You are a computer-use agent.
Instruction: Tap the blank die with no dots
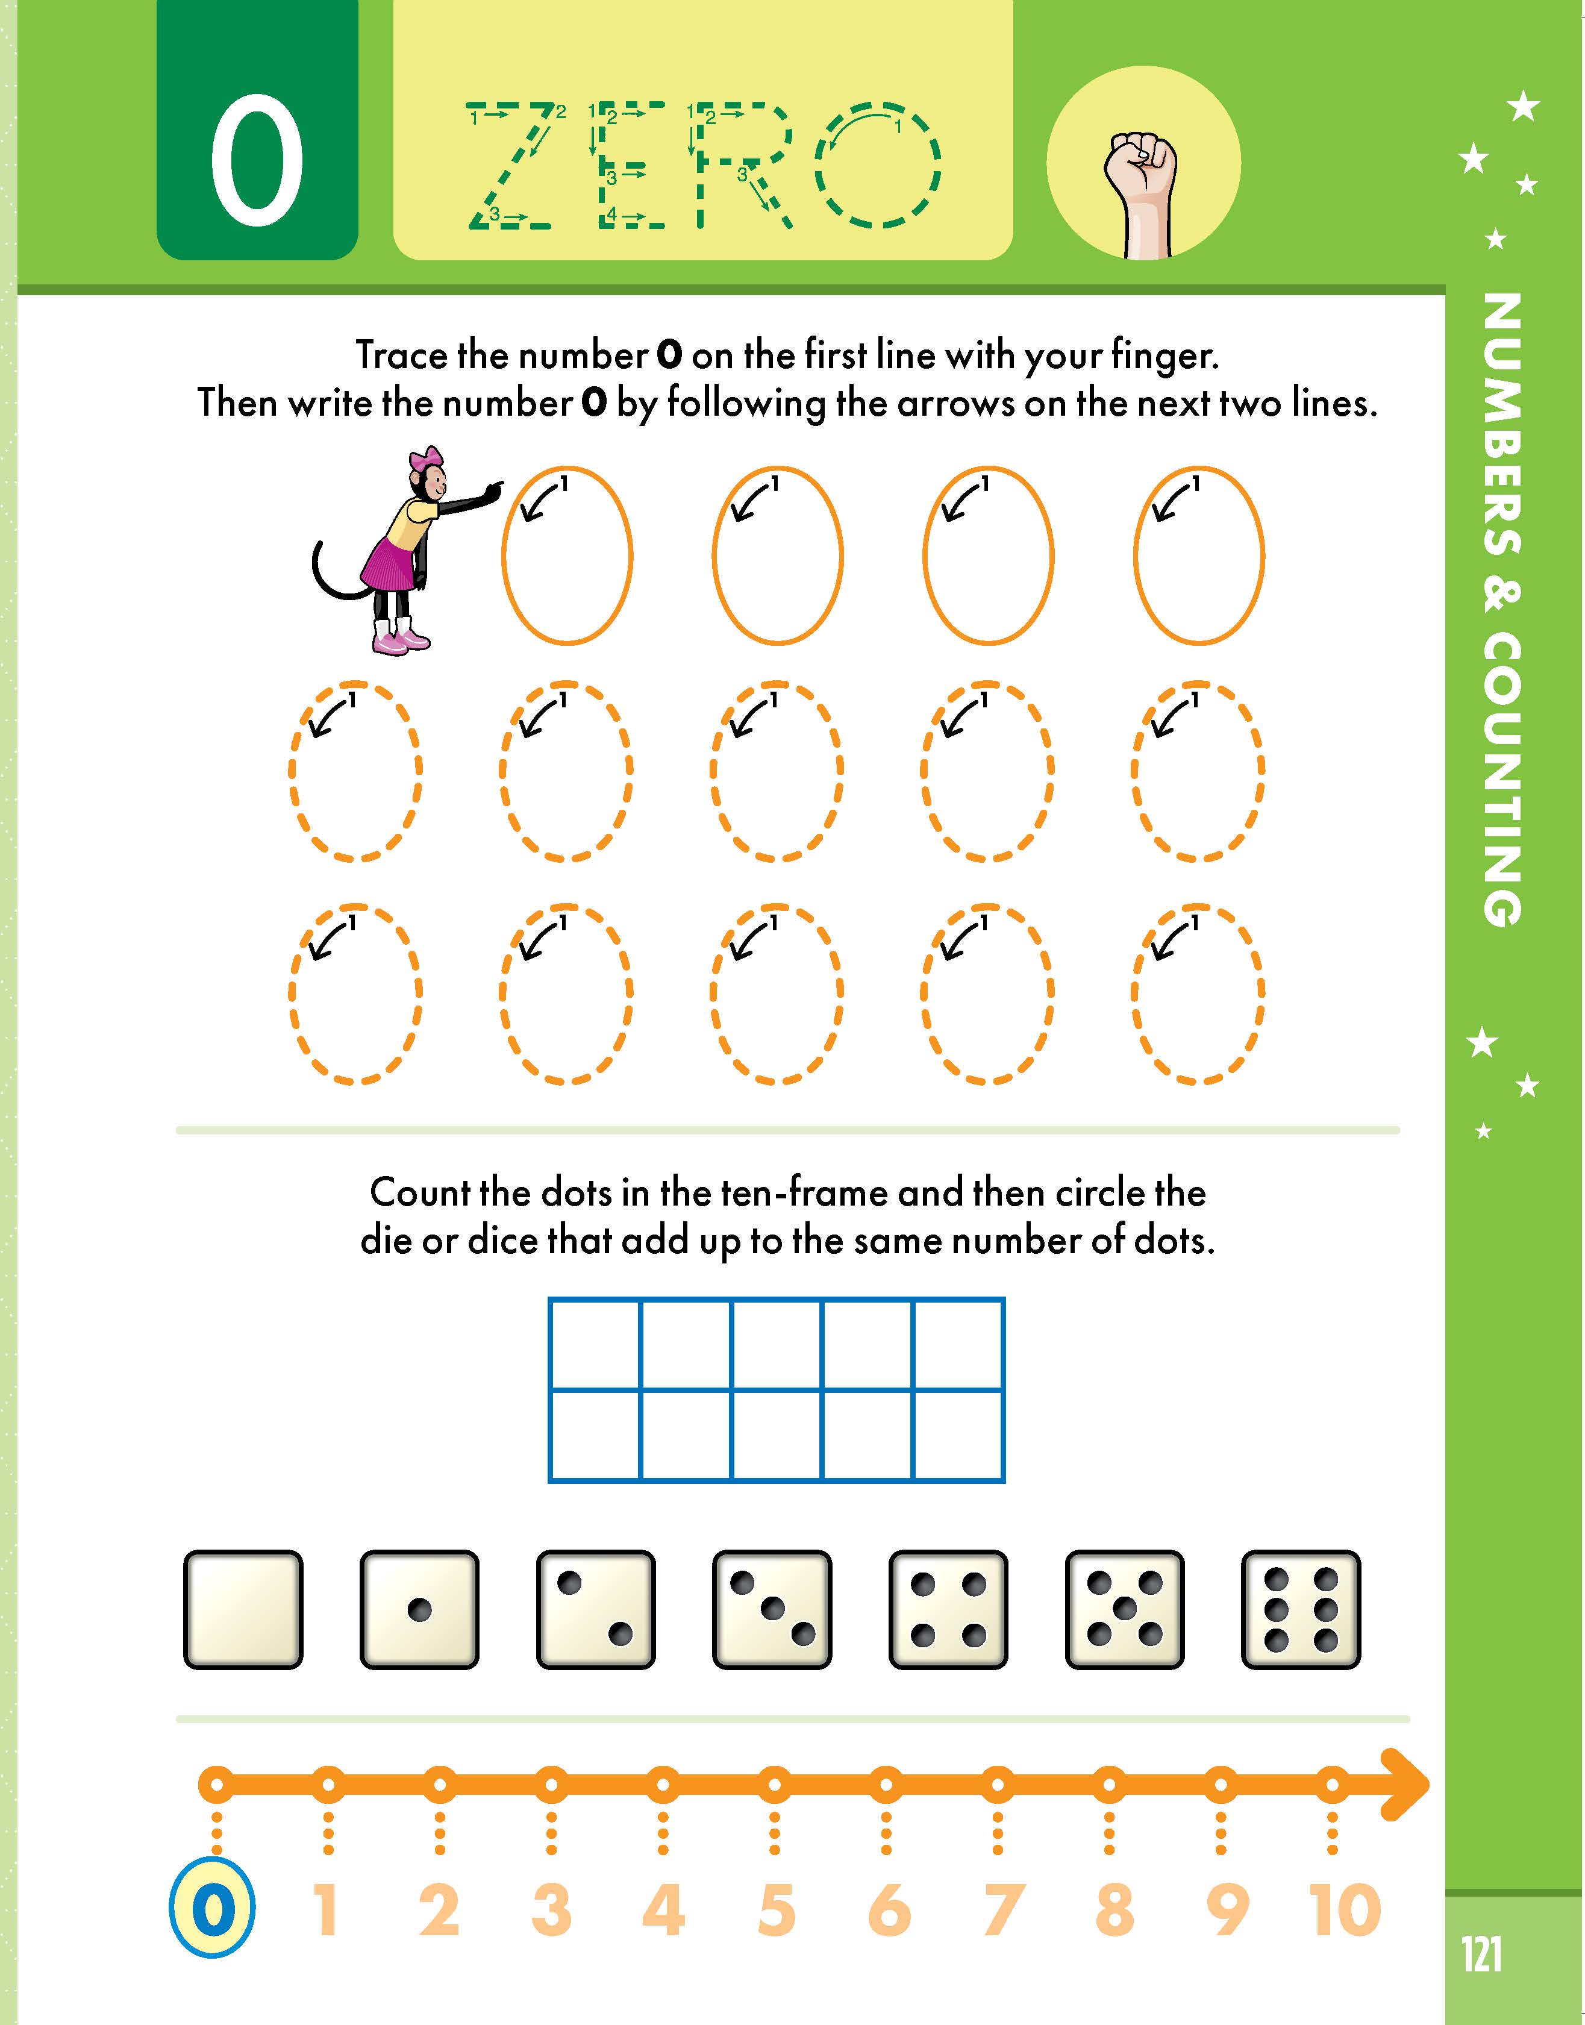(x=243, y=1609)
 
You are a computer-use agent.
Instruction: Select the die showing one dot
(x=419, y=1609)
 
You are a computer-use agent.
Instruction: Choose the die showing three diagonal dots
(x=772, y=1609)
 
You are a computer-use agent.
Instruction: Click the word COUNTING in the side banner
(x=1501, y=780)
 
